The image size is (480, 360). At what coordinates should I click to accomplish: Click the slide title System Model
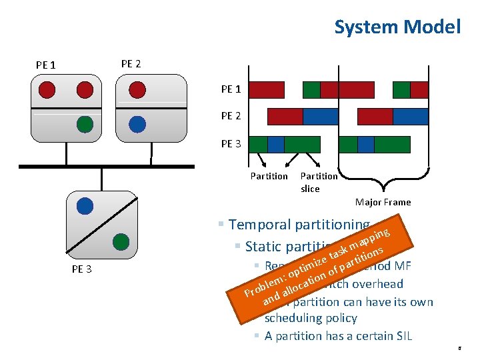click(x=397, y=27)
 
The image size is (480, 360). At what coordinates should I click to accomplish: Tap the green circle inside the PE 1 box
click(x=85, y=123)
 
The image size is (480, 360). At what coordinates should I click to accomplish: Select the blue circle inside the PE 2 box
click(x=137, y=123)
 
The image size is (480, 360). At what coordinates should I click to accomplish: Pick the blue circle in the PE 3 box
click(x=85, y=206)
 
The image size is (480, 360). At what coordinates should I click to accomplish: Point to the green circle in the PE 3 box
click(x=121, y=240)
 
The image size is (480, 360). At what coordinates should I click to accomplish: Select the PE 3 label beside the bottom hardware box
click(x=82, y=269)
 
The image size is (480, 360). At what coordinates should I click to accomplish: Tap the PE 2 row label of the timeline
click(x=231, y=116)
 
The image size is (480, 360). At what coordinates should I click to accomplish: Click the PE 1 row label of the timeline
click(x=231, y=89)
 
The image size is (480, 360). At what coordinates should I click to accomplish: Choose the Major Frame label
click(x=383, y=202)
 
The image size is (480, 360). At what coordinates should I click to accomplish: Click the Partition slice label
click(x=319, y=182)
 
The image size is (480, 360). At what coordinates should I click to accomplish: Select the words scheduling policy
click(x=311, y=319)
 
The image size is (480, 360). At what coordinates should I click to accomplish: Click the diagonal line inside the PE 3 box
click(x=102, y=223)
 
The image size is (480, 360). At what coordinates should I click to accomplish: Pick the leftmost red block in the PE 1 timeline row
click(x=267, y=89)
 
